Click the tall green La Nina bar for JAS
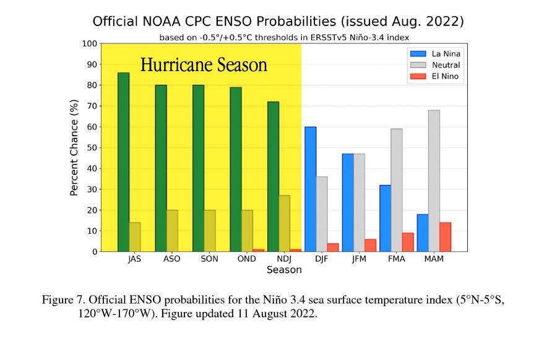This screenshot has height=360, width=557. point(124,162)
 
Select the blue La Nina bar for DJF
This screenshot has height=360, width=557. point(310,189)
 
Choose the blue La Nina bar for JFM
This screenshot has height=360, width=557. point(348,203)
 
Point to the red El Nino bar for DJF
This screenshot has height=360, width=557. point(333,247)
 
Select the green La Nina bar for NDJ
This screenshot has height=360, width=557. point(273,177)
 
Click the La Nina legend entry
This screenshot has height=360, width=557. point(436,54)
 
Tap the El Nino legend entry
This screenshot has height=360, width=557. point(436,76)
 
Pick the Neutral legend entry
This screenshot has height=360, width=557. point(436,65)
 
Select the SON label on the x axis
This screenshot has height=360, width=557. point(209,259)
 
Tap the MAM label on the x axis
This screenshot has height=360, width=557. point(434,259)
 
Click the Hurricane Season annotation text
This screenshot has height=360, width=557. point(204,65)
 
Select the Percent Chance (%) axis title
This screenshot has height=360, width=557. point(74,148)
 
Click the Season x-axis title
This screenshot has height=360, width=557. point(284,270)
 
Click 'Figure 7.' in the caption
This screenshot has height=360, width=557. point(63,300)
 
